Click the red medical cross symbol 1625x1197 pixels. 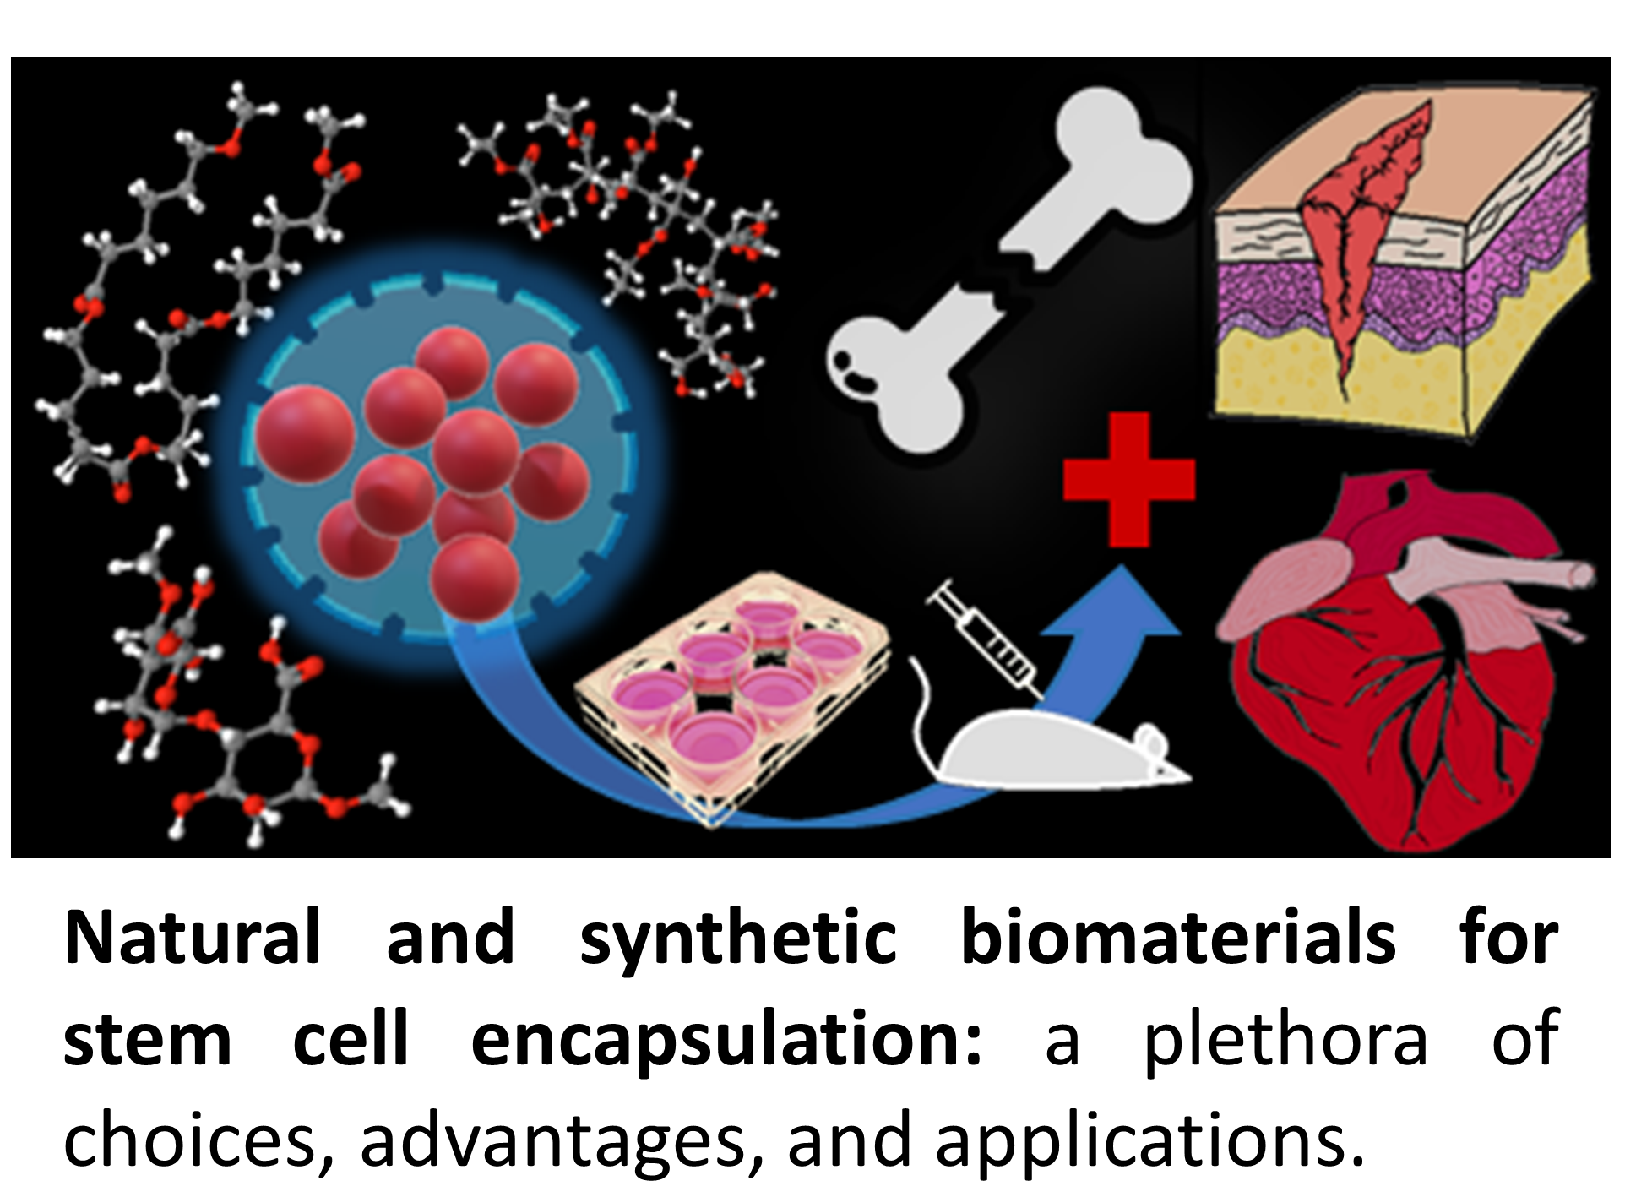tap(1128, 479)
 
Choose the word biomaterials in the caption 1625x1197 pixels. tap(1178, 938)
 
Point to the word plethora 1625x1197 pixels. tap(1284, 1041)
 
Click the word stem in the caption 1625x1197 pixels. tap(148, 1041)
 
